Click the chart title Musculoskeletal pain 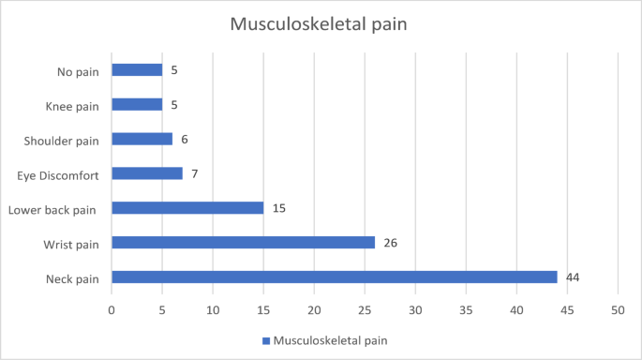[321, 24]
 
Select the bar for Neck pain [334, 277]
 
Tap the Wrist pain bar [243, 242]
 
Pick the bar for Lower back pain [187, 208]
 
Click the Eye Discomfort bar [147, 173]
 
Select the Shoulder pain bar [142, 139]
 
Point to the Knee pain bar [137, 104]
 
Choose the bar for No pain [137, 69]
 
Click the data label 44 [573, 277]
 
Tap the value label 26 [390, 242]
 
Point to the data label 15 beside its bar [278, 208]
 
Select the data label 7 [194, 173]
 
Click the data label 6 [184, 139]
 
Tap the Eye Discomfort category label [59, 174]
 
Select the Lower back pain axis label [53, 208]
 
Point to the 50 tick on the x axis [618, 310]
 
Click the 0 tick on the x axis [112, 310]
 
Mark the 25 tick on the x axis [365, 310]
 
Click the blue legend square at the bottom [265, 341]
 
